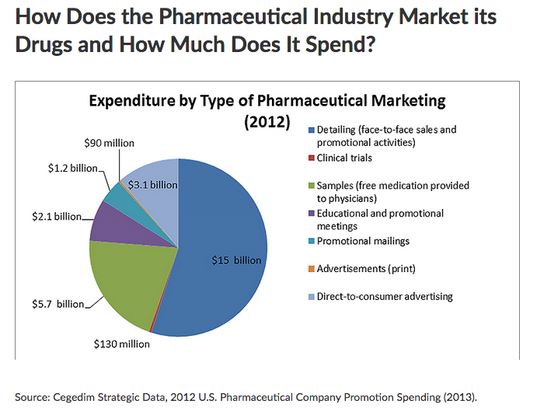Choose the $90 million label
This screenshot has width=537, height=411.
pyautogui.click(x=109, y=143)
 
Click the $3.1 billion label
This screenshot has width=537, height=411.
pyautogui.click(x=152, y=185)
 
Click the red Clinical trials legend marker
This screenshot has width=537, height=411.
pyautogui.click(x=311, y=158)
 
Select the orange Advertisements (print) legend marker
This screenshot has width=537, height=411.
pyautogui.click(x=311, y=268)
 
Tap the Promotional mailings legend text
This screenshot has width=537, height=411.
pyautogui.click(x=363, y=241)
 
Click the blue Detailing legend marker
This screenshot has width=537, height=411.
pyautogui.click(x=311, y=130)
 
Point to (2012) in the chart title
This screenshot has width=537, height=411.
pyautogui.click(x=267, y=122)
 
